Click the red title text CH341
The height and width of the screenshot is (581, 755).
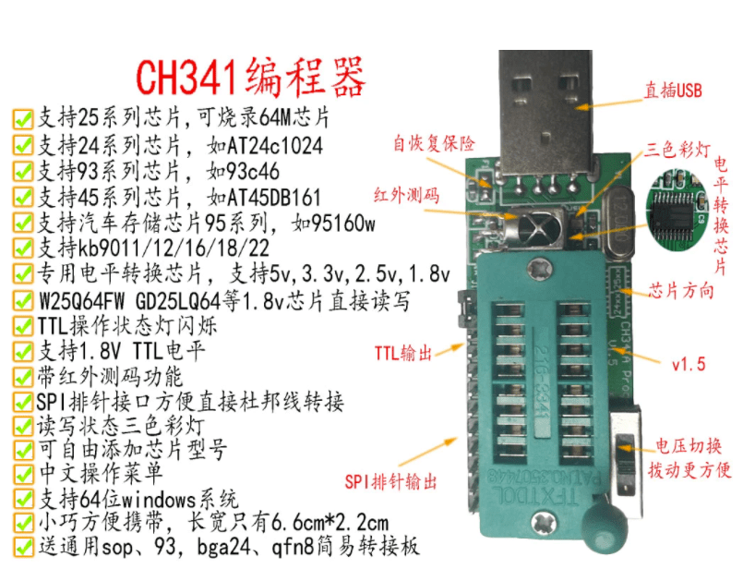tap(187, 77)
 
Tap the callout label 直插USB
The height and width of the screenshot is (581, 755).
tap(673, 91)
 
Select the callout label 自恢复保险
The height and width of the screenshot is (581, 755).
tap(434, 143)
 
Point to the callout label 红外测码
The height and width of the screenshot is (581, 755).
tap(407, 196)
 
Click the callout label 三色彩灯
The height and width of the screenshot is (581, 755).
tap(677, 150)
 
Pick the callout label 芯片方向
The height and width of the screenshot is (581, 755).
tap(680, 291)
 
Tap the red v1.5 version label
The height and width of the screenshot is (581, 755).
tap(689, 364)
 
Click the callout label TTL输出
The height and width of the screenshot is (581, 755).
tap(403, 354)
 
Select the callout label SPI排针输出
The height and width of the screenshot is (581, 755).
tap(390, 481)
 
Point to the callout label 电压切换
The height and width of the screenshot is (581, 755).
tap(689, 446)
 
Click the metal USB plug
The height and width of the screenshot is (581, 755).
tap(546, 111)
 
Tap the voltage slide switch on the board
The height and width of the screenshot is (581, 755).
tap(625, 462)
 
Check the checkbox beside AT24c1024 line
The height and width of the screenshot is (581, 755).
tap(23, 144)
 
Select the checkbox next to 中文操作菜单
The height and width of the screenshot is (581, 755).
tap(23, 474)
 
